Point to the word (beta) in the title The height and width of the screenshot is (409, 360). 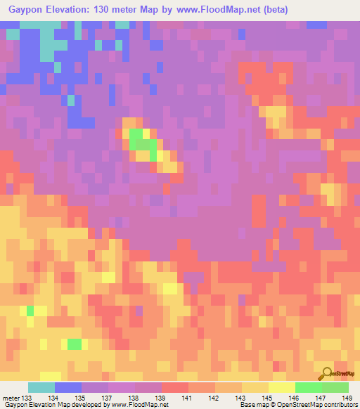point(271,9)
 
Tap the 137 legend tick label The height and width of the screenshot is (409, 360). point(109,398)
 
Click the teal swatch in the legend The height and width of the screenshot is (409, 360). point(41,387)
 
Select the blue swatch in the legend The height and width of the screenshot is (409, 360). point(67,387)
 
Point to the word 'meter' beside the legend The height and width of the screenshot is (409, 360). point(11,398)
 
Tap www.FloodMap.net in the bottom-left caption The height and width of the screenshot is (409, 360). point(136,405)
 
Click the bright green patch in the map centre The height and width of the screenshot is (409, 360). point(143,144)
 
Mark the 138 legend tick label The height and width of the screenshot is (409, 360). point(135,398)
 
